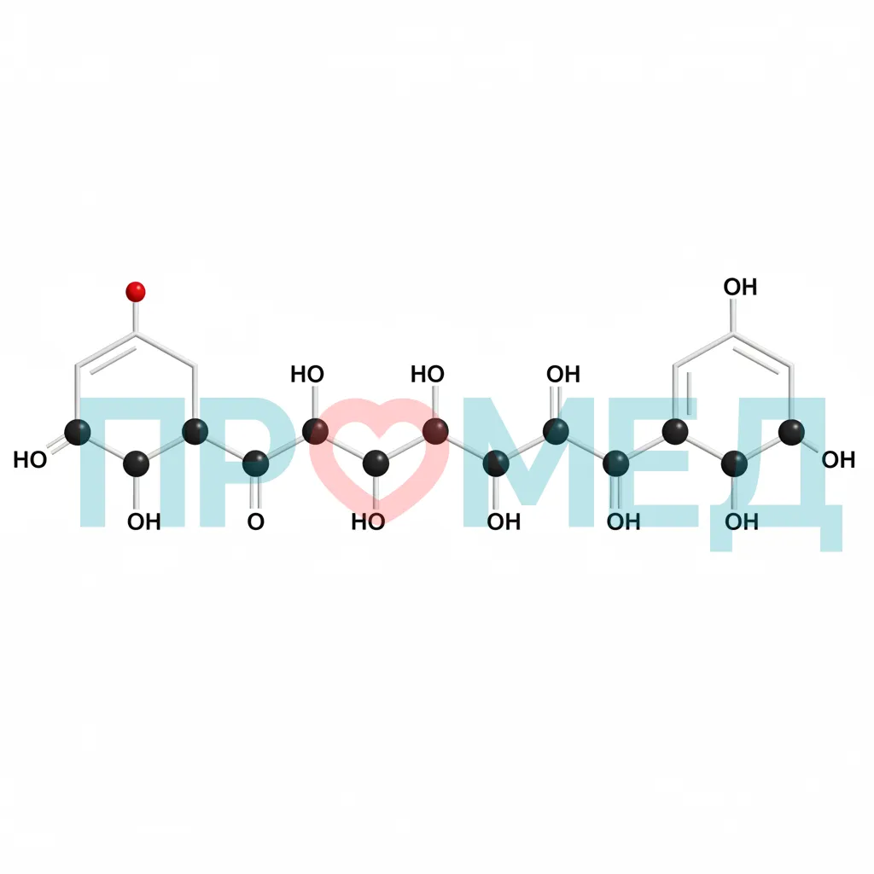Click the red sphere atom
[x=136, y=292]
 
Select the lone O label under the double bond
[x=256, y=521]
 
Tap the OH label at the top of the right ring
[x=740, y=287]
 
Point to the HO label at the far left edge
[x=30, y=460]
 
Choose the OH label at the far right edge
[x=838, y=460]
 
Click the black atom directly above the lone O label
[x=256, y=463]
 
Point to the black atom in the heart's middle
[x=376, y=463]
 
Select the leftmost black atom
[x=78, y=432]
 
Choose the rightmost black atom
[x=791, y=432]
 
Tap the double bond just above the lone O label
[x=256, y=493]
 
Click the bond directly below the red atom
[x=136, y=318]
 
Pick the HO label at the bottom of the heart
[x=368, y=521]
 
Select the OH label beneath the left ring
[x=143, y=521]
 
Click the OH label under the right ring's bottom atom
[x=742, y=521]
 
